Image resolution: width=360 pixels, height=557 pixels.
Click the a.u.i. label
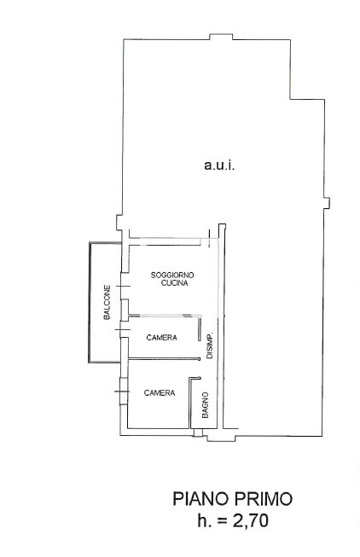(219, 165)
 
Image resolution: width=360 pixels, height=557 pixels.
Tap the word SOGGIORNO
(172, 275)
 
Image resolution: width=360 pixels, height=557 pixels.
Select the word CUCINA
(174, 283)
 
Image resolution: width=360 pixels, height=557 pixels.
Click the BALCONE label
(107, 302)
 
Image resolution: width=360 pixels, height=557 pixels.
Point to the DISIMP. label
(210, 345)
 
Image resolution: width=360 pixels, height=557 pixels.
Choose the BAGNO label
(205, 404)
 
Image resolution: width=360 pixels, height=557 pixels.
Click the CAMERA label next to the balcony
(162, 338)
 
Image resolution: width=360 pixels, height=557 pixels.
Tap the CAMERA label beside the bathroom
(160, 393)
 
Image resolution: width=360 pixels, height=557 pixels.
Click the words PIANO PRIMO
(233, 499)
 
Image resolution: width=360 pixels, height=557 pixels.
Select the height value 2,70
(251, 521)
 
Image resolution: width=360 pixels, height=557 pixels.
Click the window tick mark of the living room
(124, 287)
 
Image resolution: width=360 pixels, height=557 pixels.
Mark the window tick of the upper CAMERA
(123, 330)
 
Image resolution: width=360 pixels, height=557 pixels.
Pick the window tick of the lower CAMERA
(121, 392)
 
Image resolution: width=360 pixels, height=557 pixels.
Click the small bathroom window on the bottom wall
(198, 432)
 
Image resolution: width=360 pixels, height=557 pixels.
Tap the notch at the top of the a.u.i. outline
(221, 37)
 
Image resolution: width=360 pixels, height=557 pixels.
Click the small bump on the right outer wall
(327, 203)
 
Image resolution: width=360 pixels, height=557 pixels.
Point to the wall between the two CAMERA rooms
(164, 359)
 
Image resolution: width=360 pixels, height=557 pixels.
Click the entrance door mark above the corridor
(210, 238)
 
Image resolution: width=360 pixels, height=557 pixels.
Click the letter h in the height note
(201, 521)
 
